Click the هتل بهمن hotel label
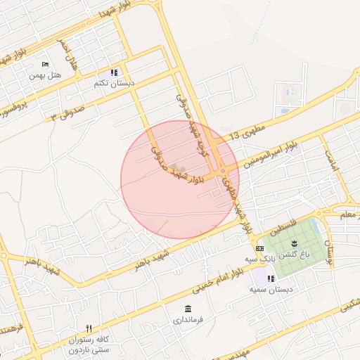point(46,75)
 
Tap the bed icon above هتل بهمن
point(46,64)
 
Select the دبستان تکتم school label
point(114,83)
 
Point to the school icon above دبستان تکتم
point(114,72)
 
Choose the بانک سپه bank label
point(258,259)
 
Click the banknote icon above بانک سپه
point(259,248)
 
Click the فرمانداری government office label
point(188,320)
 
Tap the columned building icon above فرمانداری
point(188,309)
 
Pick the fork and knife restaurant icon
point(89,328)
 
